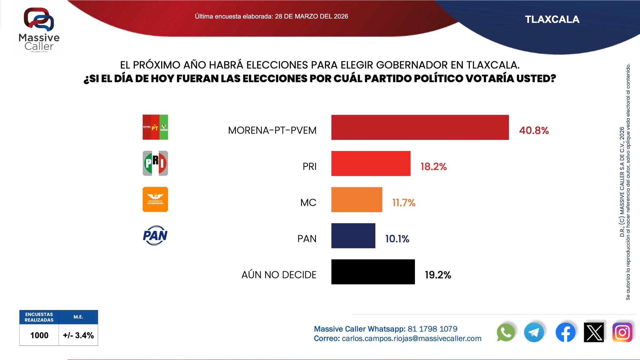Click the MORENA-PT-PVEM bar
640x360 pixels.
pos(420,127)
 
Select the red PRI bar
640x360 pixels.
pos(371,163)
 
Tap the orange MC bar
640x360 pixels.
pos(357,200)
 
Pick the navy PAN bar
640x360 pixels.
pos(353,236)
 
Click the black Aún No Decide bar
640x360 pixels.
pos(373,272)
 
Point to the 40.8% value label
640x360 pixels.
pos(534,130)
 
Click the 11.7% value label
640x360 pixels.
pos(404,203)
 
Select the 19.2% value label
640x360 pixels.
pos(438,275)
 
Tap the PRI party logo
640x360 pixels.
pos(155,163)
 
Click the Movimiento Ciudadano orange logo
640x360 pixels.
pos(155,199)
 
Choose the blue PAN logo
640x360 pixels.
pos(155,235)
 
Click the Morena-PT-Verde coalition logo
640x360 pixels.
pos(155,127)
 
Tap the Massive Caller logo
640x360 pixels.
pos(39,30)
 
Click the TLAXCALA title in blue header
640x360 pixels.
pos(552,19)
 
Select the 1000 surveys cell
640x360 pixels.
pos(39,335)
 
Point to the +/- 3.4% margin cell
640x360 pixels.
pos(78,335)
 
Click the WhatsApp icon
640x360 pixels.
pos(506,332)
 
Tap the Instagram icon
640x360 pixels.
pos(622,332)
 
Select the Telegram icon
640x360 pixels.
pos(534,332)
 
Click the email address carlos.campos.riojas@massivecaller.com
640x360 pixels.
pos(411,338)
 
